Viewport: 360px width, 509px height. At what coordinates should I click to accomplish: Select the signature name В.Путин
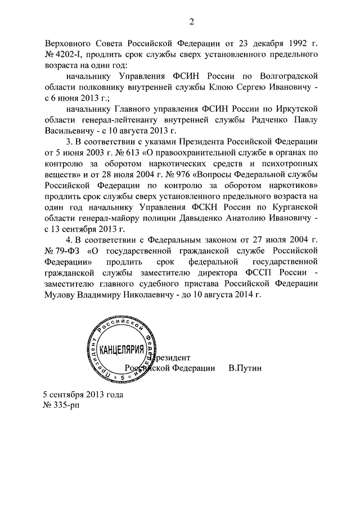coord(245,368)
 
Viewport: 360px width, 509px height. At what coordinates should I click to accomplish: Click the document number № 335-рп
coord(61,406)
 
